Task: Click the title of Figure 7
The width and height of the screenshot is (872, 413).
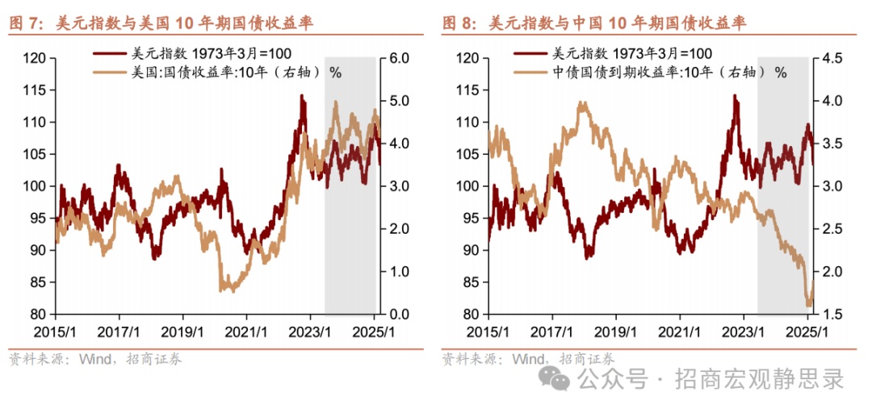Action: point(161,24)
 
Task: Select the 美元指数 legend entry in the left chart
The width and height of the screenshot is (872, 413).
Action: point(198,54)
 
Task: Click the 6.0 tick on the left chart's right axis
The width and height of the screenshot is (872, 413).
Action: point(399,59)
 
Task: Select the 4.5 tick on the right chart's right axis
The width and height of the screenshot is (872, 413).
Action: point(832,59)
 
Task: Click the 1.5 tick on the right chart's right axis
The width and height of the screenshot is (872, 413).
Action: point(832,314)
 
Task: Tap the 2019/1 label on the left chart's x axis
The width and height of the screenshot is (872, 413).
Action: point(182,331)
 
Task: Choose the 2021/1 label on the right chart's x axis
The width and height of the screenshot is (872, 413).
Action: point(680,331)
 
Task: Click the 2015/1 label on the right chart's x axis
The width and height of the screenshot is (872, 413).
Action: point(489,331)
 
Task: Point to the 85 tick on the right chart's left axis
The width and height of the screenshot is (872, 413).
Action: point(472,282)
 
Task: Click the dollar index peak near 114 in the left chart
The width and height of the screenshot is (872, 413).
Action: point(301,97)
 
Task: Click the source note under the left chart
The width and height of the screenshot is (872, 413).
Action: point(94,359)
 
